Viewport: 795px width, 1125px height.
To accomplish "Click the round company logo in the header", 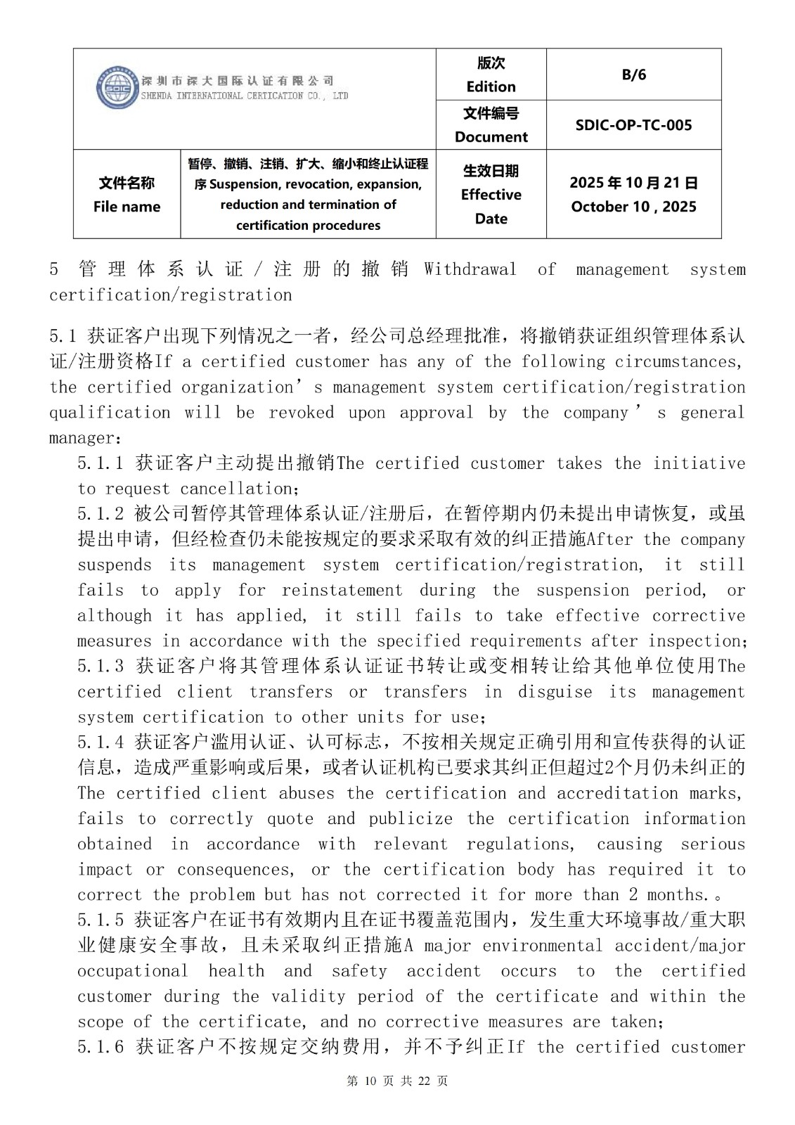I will tap(116, 88).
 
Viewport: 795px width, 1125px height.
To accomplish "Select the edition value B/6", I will tap(633, 75).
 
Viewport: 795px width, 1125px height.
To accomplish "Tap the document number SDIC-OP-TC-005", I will tap(633, 125).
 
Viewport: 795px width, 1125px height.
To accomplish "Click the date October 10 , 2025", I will tap(633, 207).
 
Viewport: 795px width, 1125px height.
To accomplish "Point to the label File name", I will tap(127, 207).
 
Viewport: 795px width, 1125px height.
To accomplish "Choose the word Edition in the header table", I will tap(491, 86).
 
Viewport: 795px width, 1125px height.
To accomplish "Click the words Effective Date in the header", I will tap(491, 206).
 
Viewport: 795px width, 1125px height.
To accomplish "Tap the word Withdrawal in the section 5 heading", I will tap(470, 269).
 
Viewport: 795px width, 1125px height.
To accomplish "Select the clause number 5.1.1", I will tap(101, 463).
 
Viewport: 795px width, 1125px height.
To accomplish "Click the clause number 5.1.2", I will tap(101, 514).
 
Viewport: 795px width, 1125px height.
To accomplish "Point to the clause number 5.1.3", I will tap(101, 666).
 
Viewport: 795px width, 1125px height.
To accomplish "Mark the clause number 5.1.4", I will tap(101, 742).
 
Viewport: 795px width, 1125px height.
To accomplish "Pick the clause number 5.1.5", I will tap(101, 920).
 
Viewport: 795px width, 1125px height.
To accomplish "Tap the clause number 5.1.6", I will tap(101, 1047).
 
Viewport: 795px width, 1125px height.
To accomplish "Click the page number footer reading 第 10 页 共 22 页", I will tap(397, 1081).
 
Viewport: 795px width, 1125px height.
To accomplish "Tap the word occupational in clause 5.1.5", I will tap(133, 971).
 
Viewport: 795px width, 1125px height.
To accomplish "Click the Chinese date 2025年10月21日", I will tap(633, 183).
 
